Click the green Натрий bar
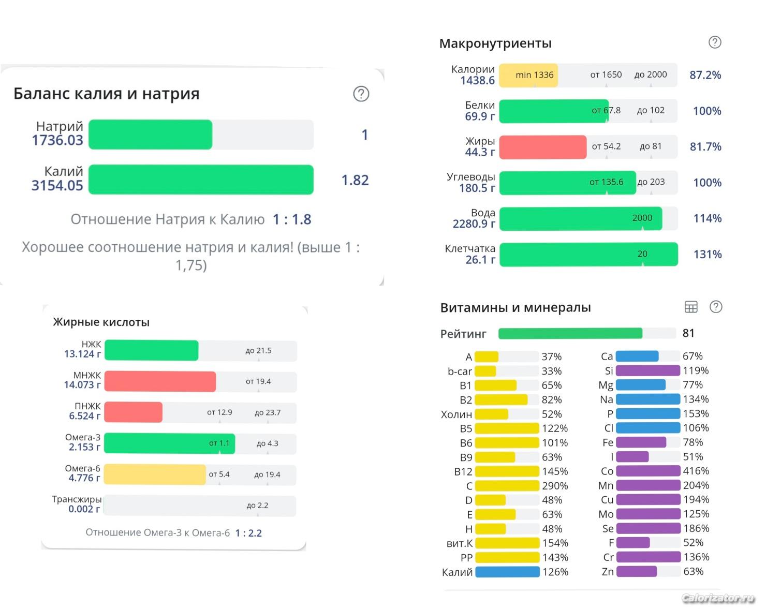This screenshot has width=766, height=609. pos(150,135)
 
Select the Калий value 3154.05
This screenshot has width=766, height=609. pos(57,185)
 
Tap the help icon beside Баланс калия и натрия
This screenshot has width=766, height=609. pos(361,94)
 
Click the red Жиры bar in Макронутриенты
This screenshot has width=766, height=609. pos(542,147)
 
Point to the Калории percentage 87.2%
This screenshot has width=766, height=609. pos(705,75)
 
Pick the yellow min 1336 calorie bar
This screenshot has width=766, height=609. pos(528,75)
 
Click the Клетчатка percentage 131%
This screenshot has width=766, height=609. pos(707,255)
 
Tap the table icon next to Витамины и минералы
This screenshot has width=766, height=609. pos(691,307)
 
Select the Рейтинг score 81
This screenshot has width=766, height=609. pos(688,333)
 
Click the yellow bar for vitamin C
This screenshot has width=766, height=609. pos(507,486)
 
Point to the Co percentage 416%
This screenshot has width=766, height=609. pos(696,471)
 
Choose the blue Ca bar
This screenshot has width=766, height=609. pos(637,357)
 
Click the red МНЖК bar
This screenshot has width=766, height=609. pos(160,381)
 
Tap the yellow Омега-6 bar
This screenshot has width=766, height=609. pos(155,474)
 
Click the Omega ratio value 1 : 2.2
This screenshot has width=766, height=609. pos(248,533)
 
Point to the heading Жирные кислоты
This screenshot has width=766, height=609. pos(101,322)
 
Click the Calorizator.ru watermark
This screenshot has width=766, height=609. pos(718,598)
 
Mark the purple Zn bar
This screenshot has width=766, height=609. pos(637,572)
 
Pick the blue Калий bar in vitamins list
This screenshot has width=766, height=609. pos(507,572)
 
